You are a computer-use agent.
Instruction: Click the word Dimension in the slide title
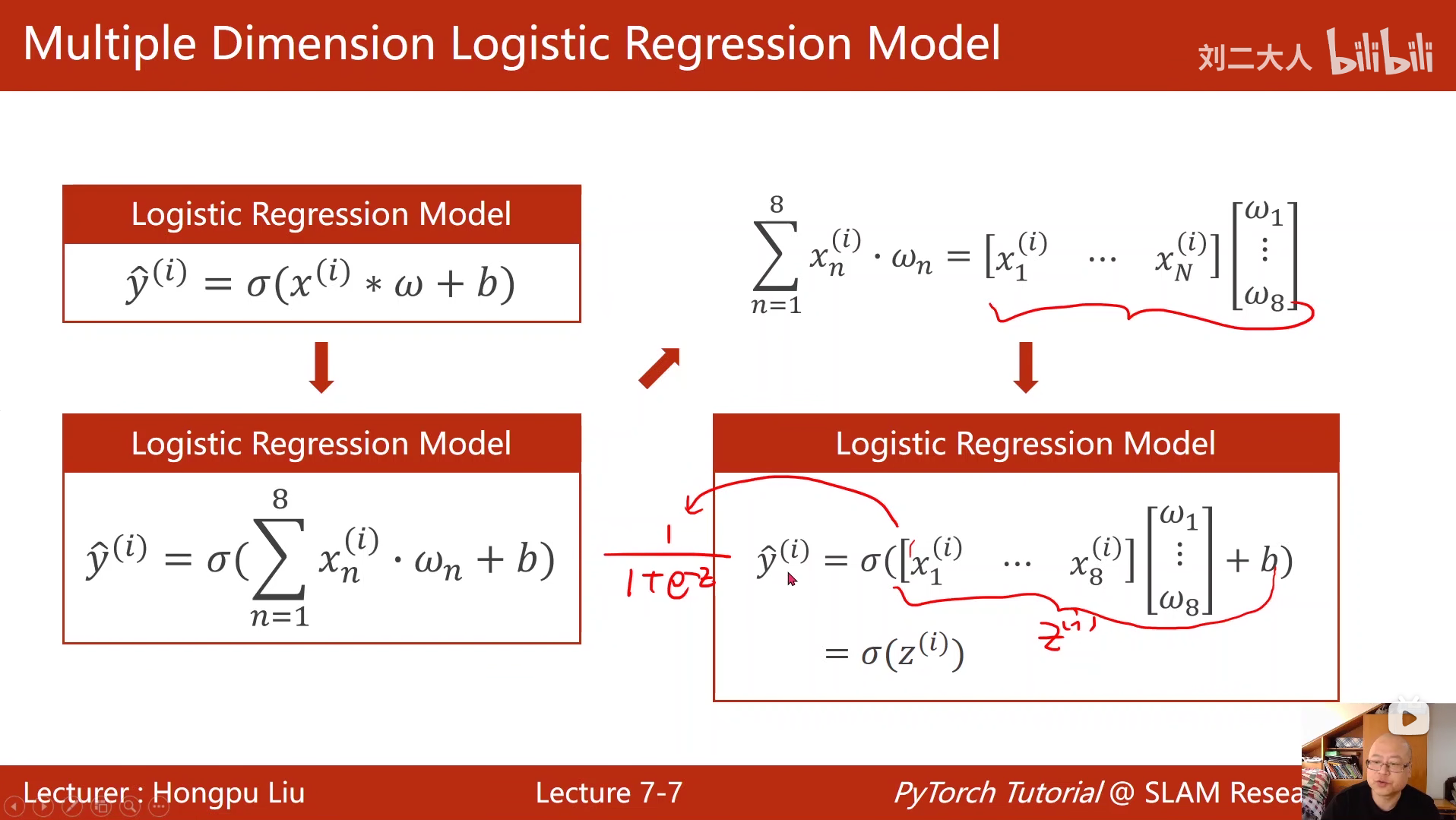pos(323,43)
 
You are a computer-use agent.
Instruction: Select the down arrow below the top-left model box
pos(321,367)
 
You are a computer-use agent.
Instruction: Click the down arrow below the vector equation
pos(1026,367)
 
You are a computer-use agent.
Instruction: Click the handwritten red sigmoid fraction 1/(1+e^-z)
pos(666,566)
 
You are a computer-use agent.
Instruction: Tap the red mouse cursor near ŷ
pos(791,579)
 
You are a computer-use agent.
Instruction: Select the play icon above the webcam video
pos(1408,718)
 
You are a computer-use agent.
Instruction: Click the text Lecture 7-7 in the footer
pos(609,793)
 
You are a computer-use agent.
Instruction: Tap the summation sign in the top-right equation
pos(775,256)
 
